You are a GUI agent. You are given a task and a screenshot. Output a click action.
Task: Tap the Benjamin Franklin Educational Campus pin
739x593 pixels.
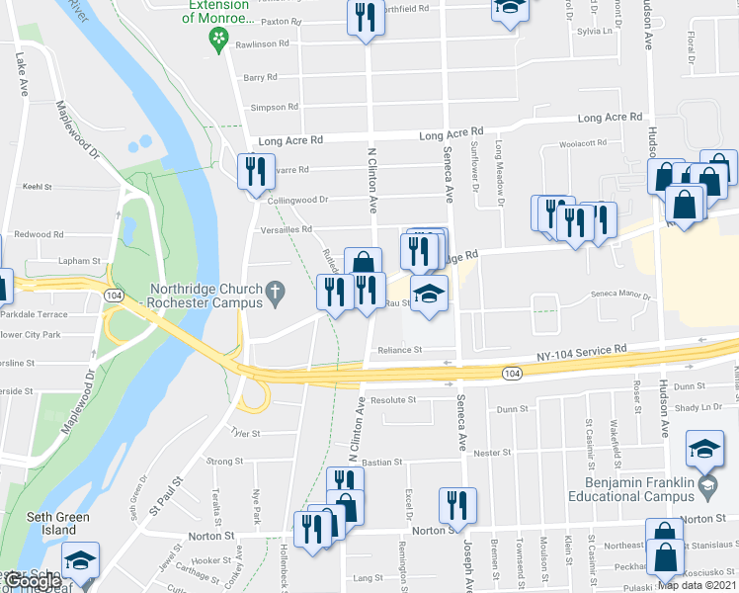pos(706,485)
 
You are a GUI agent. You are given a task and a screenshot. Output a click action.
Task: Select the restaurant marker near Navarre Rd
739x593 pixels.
pos(256,171)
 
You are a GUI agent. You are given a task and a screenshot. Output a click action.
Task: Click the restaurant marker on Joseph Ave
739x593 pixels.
pos(457,504)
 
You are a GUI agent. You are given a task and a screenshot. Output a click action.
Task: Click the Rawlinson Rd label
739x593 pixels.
pos(261,43)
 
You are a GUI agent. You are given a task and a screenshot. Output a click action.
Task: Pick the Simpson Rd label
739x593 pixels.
pos(275,107)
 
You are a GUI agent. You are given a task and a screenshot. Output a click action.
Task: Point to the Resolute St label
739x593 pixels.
pos(392,399)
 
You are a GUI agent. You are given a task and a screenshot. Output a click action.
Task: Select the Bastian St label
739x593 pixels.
pos(381,462)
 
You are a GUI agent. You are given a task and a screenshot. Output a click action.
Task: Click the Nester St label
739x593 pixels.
pos(491,452)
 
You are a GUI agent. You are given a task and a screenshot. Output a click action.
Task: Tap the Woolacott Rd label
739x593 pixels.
pos(582,143)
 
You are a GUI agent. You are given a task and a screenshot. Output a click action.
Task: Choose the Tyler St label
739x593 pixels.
pos(243,433)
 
